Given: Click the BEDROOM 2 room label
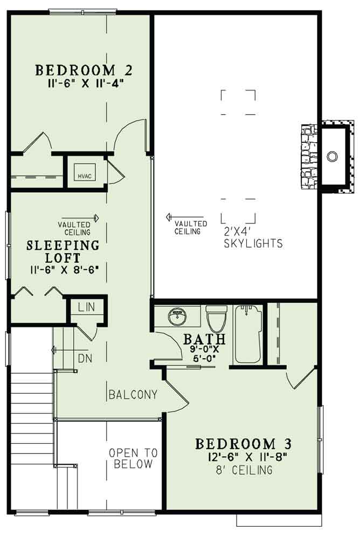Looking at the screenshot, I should (x=84, y=70).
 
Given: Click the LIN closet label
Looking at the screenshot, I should (x=86, y=308).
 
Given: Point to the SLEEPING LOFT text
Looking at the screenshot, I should (x=64, y=251).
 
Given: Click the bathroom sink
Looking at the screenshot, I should (x=176, y=317).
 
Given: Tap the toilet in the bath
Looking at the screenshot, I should (x=216, y=319).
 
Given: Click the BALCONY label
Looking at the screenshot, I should (x=133, y=395).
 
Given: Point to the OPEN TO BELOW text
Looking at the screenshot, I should (x=133, y=458).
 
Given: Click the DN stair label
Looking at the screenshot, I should (x=84, y=358).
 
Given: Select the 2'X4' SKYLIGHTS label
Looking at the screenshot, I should (x=253, y=239).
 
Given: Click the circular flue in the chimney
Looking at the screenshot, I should (x=333, y=156).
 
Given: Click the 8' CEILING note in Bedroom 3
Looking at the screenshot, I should (x=243, y=471).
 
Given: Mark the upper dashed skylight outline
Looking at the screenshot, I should (x=238, y=102).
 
